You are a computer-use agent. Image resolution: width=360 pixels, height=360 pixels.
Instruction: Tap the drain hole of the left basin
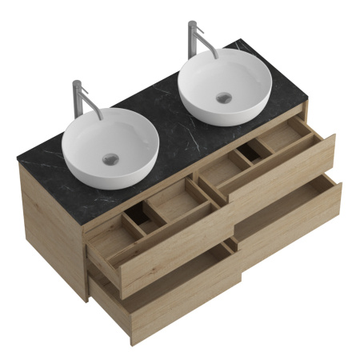pos(109,158)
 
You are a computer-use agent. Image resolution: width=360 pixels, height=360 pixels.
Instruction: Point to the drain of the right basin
pos(225,98)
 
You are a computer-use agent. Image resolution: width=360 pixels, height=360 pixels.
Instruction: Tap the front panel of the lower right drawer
pos(288,224)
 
